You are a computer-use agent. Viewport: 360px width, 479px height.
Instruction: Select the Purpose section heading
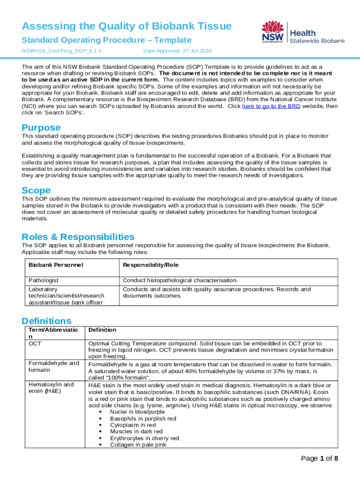point(41,128)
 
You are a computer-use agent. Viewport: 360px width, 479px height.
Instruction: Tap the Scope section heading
point(36,190)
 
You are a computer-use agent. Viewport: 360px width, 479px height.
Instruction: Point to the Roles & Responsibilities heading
point(78,237)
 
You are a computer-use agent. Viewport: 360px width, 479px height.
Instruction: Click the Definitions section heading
point(46,321)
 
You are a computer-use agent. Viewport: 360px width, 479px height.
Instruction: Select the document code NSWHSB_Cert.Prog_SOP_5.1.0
point(62,51)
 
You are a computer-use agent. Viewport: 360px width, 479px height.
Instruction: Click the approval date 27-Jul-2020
point(183,51)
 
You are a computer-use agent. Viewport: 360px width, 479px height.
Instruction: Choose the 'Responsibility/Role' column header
point(151,265)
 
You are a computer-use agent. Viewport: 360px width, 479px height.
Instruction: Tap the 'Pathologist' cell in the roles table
point(43,281)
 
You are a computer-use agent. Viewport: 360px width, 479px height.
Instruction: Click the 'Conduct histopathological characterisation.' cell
point(180,281)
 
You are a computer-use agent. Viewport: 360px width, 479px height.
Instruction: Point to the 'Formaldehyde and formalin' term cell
point(54,366)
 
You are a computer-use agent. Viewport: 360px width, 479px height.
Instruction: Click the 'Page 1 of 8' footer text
point(319,458)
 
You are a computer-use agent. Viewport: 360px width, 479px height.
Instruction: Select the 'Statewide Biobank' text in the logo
point(317,41)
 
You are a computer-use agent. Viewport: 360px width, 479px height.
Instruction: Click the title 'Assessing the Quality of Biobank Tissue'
point(127,26)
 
